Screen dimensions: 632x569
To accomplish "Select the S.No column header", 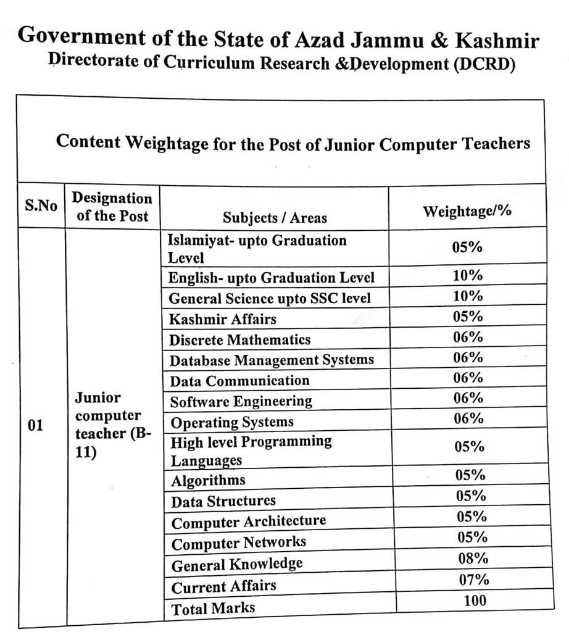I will pyautogui.click(x=41, y=206).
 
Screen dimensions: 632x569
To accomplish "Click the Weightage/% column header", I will pyautogui.click(x=467, y=211).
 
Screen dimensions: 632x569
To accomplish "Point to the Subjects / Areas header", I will pyautogui.click(x=275, y=217).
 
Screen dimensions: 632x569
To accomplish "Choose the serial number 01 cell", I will pyautogui.click(x=36, y=425).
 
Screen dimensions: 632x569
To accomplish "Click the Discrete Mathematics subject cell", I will pyautogui.click(x=240, y=339).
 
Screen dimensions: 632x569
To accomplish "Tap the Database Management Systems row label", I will pyautogui.click(x=272, y=360).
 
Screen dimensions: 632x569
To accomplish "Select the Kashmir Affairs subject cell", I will pyautogui.click(x=223, y=319).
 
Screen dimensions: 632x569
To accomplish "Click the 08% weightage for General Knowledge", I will pyautogui.click(x=473, y=559).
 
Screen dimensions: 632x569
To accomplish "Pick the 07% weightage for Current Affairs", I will pyautogui.click(x=474, y=580).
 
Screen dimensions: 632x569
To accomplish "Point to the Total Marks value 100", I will pyautogui.click(x=473, y=600).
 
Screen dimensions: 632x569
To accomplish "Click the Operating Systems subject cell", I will pyautogui.click(x=232, y=423).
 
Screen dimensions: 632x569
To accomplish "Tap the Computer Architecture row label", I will pyautogui.click(x=249, y=522).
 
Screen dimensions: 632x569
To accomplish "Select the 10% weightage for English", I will pyautogui.click(x=468, y=276).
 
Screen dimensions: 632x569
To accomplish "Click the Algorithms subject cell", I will pyautogui.click(x=208, y=480).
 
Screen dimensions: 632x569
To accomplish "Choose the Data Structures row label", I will pyautogui.click(x=223, y=501).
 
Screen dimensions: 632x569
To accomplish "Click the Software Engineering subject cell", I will pyautogui.click(x=241, y=402).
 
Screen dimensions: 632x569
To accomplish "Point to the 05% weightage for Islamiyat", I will pyautogui.click(x=467, y=247).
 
